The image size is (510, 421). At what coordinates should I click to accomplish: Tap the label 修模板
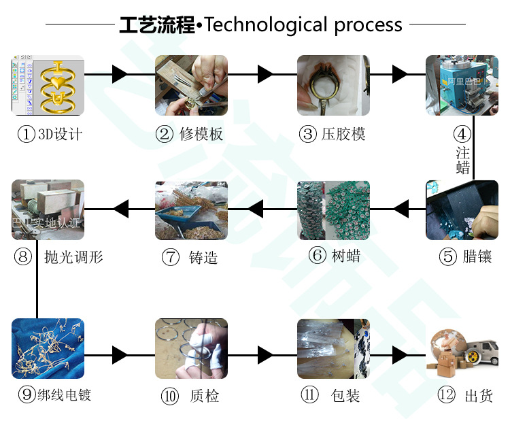[201, 134]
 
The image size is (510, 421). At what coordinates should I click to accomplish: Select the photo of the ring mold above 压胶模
[333, 85]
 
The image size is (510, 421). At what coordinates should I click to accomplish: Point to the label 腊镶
[475, 256]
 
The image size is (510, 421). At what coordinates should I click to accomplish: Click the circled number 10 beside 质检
[169, 396]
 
